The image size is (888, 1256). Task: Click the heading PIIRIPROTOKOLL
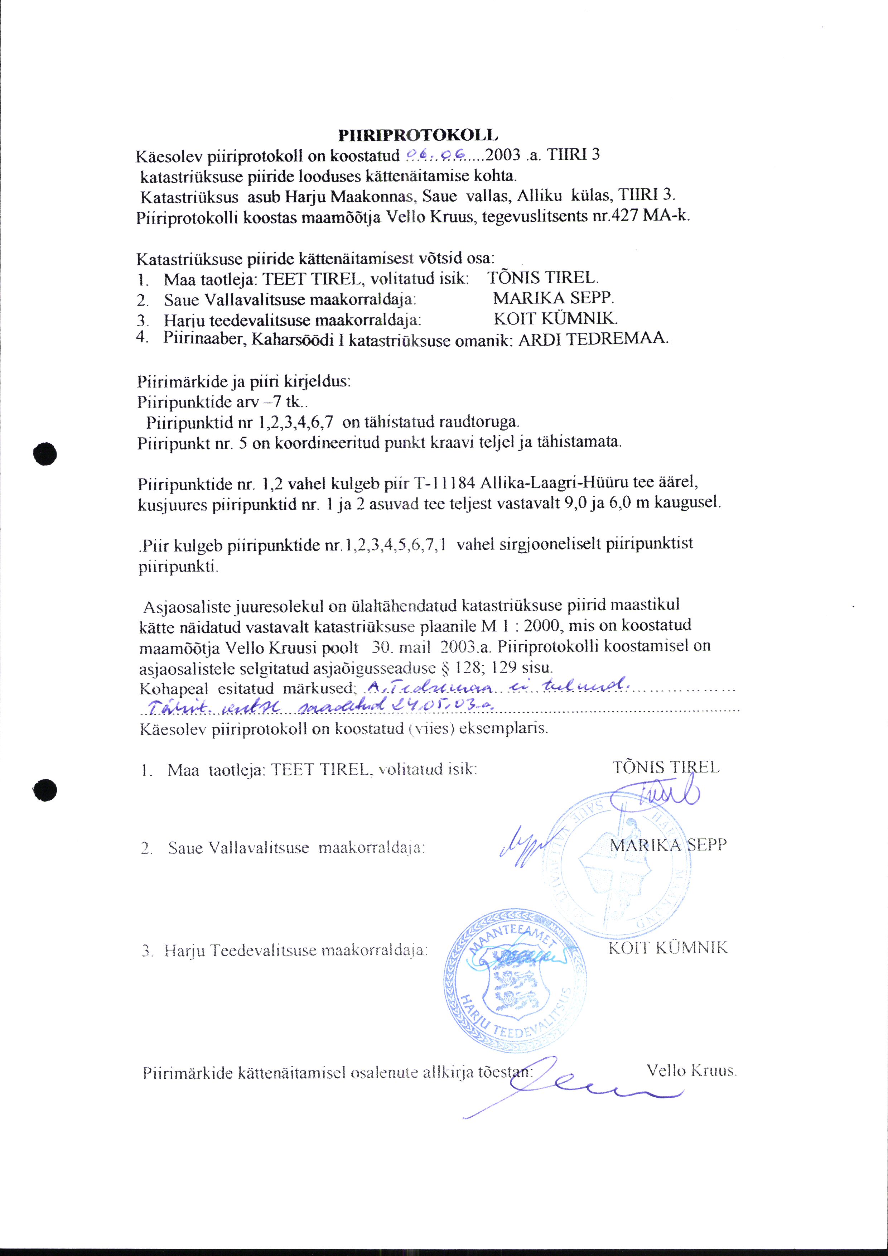tap(418, 135)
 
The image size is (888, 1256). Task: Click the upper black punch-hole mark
tap(45, 453)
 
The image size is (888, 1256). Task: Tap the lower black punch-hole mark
tap(45, 789)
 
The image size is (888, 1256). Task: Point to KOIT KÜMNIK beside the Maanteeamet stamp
tap(668, 948)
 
